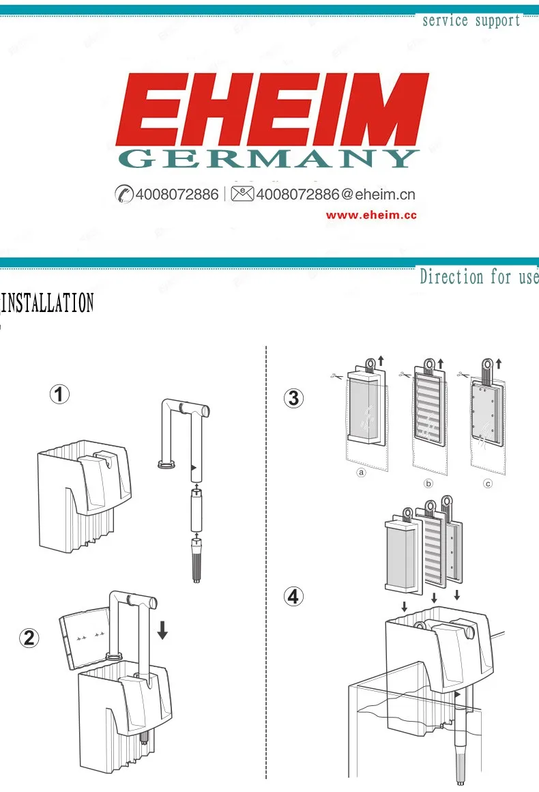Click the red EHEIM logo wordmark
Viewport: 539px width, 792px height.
[272, 110]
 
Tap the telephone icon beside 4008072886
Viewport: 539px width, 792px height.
[123, 194]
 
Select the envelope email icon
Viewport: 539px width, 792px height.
[242, 193]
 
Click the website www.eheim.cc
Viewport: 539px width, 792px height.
[371, 215]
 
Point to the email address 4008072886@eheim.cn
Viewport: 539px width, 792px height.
[336, 194]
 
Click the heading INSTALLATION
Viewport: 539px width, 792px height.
[47, 302]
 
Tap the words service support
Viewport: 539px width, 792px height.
[471, 20]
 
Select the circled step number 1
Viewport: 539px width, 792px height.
[59, 394]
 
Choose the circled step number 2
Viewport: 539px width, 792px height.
[29, 638]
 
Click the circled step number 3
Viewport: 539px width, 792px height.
[294, 398]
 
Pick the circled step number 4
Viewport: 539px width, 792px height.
[294, 597]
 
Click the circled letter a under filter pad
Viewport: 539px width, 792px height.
[361, 472]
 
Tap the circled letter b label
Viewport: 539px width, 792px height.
[428, 483]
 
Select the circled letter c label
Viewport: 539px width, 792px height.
[488, 483]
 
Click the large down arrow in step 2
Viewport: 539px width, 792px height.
[162, 630]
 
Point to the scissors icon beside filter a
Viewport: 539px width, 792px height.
[336, 376]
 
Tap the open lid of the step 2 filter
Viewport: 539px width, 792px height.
[85, 638]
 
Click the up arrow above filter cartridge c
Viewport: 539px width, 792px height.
[499, 363]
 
